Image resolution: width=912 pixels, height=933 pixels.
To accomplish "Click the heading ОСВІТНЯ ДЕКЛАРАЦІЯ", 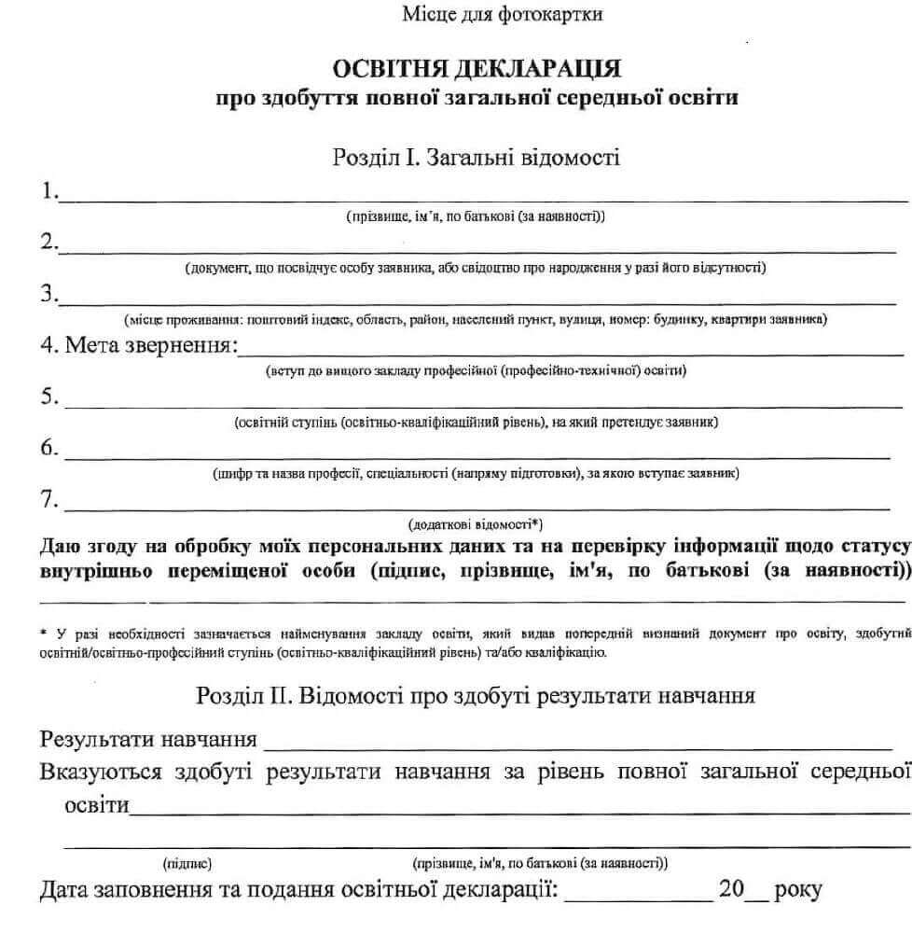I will click(x=477, y=68).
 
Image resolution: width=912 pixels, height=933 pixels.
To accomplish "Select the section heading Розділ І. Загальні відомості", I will click(x=476, y=157).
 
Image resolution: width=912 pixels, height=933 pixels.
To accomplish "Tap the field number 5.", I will click(x=49, y=397).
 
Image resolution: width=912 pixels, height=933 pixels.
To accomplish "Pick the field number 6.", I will click(x=49, y=449).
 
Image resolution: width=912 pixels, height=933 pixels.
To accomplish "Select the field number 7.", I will click(x=49, y=500).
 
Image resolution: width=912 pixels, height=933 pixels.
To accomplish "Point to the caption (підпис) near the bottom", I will click(x=187, y=863).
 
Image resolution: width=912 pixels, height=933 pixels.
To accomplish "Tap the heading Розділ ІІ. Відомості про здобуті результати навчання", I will click(x=476, y=696).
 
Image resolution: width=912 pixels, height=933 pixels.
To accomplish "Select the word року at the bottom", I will click(x=797, y=890).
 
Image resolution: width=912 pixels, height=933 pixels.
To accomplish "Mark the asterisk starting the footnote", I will click(x=44, y=633).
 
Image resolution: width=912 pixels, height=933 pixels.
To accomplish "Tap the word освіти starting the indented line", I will click(x=96, y=804).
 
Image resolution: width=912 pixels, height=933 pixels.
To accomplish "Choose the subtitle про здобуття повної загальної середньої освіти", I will click(x=477, y=98).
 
